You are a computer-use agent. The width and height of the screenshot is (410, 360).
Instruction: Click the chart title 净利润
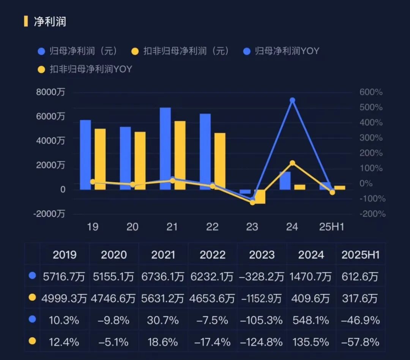[50, 21]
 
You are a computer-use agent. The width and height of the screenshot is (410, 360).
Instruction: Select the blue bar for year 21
[165, 148]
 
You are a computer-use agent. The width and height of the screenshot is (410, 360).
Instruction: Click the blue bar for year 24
[285, 180]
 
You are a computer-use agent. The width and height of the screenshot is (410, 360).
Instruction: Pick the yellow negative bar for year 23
[260, 197]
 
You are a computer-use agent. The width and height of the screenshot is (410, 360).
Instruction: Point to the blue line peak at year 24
[292, 100]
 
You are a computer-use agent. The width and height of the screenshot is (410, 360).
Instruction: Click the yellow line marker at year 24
[292, 163]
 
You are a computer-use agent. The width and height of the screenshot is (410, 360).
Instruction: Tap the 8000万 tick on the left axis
[50, 92]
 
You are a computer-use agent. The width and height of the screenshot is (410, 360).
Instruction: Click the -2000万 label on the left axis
[49, 214]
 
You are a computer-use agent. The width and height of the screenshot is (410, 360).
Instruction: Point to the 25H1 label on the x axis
[332, 227]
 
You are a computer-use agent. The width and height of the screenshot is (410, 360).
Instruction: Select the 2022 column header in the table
[212, 254]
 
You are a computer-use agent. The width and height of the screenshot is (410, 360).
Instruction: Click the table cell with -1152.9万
[262, 298]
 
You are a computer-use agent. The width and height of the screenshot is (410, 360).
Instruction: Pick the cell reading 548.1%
[311, 320]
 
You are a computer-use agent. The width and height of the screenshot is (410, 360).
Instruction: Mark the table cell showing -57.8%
[360, 342]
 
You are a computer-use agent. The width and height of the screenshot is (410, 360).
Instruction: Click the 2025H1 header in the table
[360, 254]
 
